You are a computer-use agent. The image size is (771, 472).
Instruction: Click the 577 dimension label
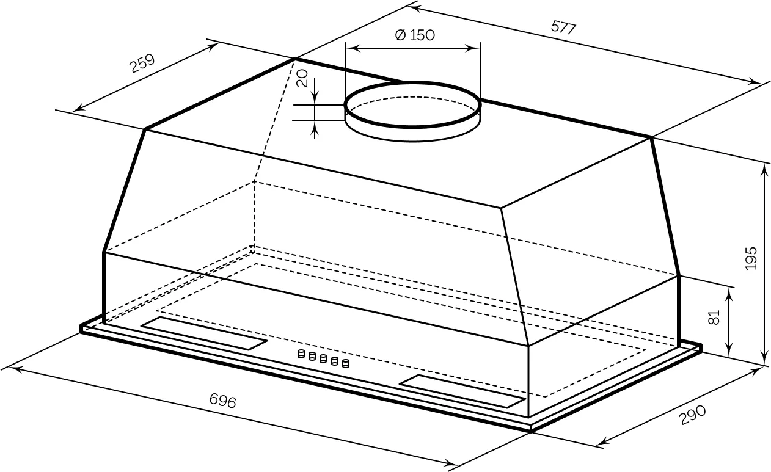click(563, 27)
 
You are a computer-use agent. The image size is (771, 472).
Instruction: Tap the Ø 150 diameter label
click(415, 35)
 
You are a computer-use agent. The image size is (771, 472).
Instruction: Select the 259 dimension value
click(142, 64)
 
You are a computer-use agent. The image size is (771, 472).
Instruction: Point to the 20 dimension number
click(302, 78)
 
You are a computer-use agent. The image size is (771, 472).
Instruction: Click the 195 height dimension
click(751, 258)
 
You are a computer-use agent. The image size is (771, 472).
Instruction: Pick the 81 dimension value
click(714, 317)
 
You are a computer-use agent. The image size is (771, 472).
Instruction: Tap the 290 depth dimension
click(692, 415)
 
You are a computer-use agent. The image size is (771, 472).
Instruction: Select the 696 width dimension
click(223, 401)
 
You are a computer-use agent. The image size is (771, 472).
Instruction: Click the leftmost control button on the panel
click(301, 354)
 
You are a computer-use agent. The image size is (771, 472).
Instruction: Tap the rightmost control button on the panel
click(346, 363)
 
